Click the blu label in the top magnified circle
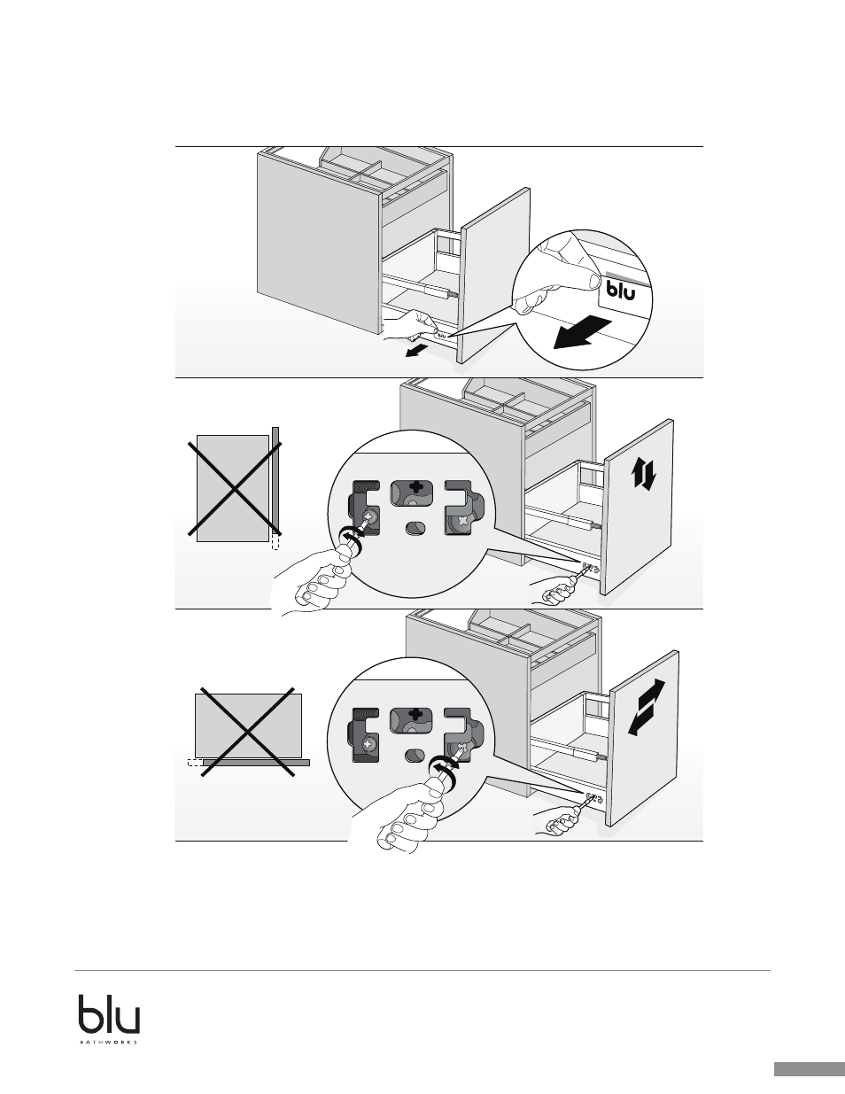point(620,290)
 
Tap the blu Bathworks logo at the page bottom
point(109,1019)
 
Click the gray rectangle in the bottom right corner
point(809,1069)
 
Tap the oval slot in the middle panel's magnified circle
point(414,529)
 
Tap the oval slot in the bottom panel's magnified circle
point(413,756)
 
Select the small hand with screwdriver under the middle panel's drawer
point(554,588)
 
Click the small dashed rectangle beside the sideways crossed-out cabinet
point(194,761)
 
